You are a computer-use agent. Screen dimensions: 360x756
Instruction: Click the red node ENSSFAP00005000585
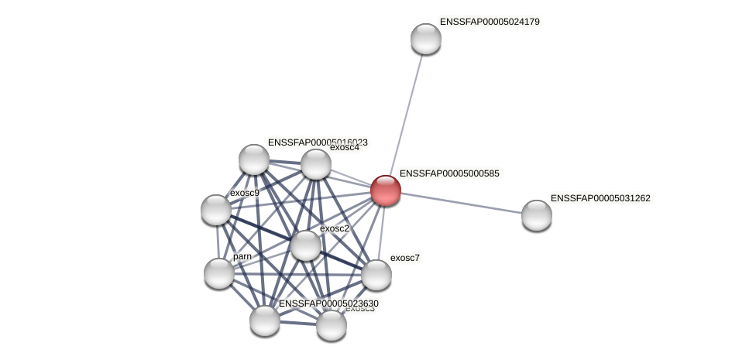click(386, 190)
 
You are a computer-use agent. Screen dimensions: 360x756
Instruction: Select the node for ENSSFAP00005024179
click(426, 39)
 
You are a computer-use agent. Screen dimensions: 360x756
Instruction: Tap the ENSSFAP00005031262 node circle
click(536, 215)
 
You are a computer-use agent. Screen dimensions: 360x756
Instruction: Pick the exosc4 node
click(316, 164)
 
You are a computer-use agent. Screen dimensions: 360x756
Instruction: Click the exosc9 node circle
click(216, 210)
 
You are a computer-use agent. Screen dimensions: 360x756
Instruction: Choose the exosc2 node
click(306, 245)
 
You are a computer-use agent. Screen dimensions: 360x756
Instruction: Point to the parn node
click(219, 273)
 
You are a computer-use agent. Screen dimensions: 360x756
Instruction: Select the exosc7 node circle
click(376, 275)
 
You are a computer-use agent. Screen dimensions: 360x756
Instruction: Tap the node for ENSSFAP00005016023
click(254, 159)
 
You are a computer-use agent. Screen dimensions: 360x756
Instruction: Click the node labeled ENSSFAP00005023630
click(265, 321)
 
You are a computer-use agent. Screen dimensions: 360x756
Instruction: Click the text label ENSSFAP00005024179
click(490, 22)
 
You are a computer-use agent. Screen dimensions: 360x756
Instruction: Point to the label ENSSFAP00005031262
click(600, 198)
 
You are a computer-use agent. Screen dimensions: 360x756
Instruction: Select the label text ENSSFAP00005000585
click(449, 173)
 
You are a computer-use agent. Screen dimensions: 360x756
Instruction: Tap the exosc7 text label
click(404, 258)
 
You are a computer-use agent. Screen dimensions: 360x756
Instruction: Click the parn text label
click(242, 256)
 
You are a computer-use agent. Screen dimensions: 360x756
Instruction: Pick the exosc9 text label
click(245, 193)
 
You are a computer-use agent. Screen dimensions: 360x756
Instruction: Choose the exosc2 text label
click(335, 228)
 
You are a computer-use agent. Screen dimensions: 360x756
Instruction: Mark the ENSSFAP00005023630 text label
click(328, 303)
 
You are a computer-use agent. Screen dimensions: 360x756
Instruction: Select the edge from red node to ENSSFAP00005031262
click(461, 203)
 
